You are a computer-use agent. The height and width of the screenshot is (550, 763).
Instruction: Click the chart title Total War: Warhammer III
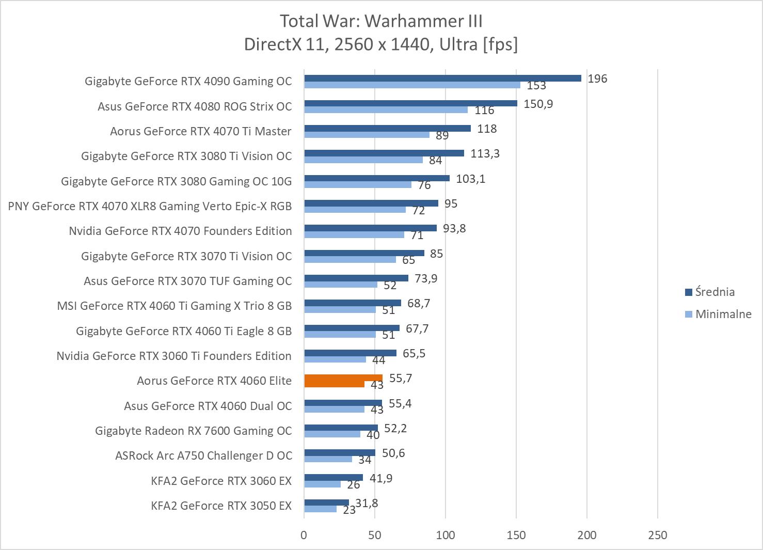[x=381, y=21]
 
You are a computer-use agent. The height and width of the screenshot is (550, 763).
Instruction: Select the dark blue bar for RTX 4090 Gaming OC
[x=442, y=78]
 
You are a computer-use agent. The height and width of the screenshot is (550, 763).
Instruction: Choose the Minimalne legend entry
[x=723, y=314]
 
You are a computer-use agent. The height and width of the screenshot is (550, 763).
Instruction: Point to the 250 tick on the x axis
[x=657, y=535]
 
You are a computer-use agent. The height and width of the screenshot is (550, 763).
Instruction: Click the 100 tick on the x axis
[x=446, y=535]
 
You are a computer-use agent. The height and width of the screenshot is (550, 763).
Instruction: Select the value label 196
[x=597, y=78]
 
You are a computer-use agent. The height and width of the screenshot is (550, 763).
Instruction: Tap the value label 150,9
[x=538, y=104]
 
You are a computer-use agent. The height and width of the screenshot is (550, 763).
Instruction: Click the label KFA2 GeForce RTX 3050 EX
[x=221, y=506]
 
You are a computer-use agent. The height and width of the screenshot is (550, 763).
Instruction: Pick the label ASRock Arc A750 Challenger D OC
[x=203, y=455]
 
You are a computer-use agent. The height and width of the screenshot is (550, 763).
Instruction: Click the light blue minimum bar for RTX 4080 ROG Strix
[x=386, y=109]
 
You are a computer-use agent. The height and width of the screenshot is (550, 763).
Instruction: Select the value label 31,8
[x=367, y=502]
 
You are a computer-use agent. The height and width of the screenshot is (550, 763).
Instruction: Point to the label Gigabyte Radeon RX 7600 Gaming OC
[x=193, y=431]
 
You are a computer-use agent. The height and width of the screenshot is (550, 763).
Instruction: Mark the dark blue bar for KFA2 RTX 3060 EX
[x=333, y=478]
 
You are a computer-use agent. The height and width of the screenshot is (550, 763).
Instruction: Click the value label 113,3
[x=485, y=153]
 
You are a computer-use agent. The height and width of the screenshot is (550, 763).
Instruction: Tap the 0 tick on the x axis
[x=304, y=535]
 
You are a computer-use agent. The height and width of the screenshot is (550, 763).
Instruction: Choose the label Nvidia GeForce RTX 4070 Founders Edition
[x=180, y=231]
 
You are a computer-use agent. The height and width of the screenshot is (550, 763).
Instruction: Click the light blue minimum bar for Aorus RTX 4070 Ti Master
[x=367, y=134]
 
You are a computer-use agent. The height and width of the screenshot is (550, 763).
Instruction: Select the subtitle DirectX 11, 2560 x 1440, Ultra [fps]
[x=381, y=44]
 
